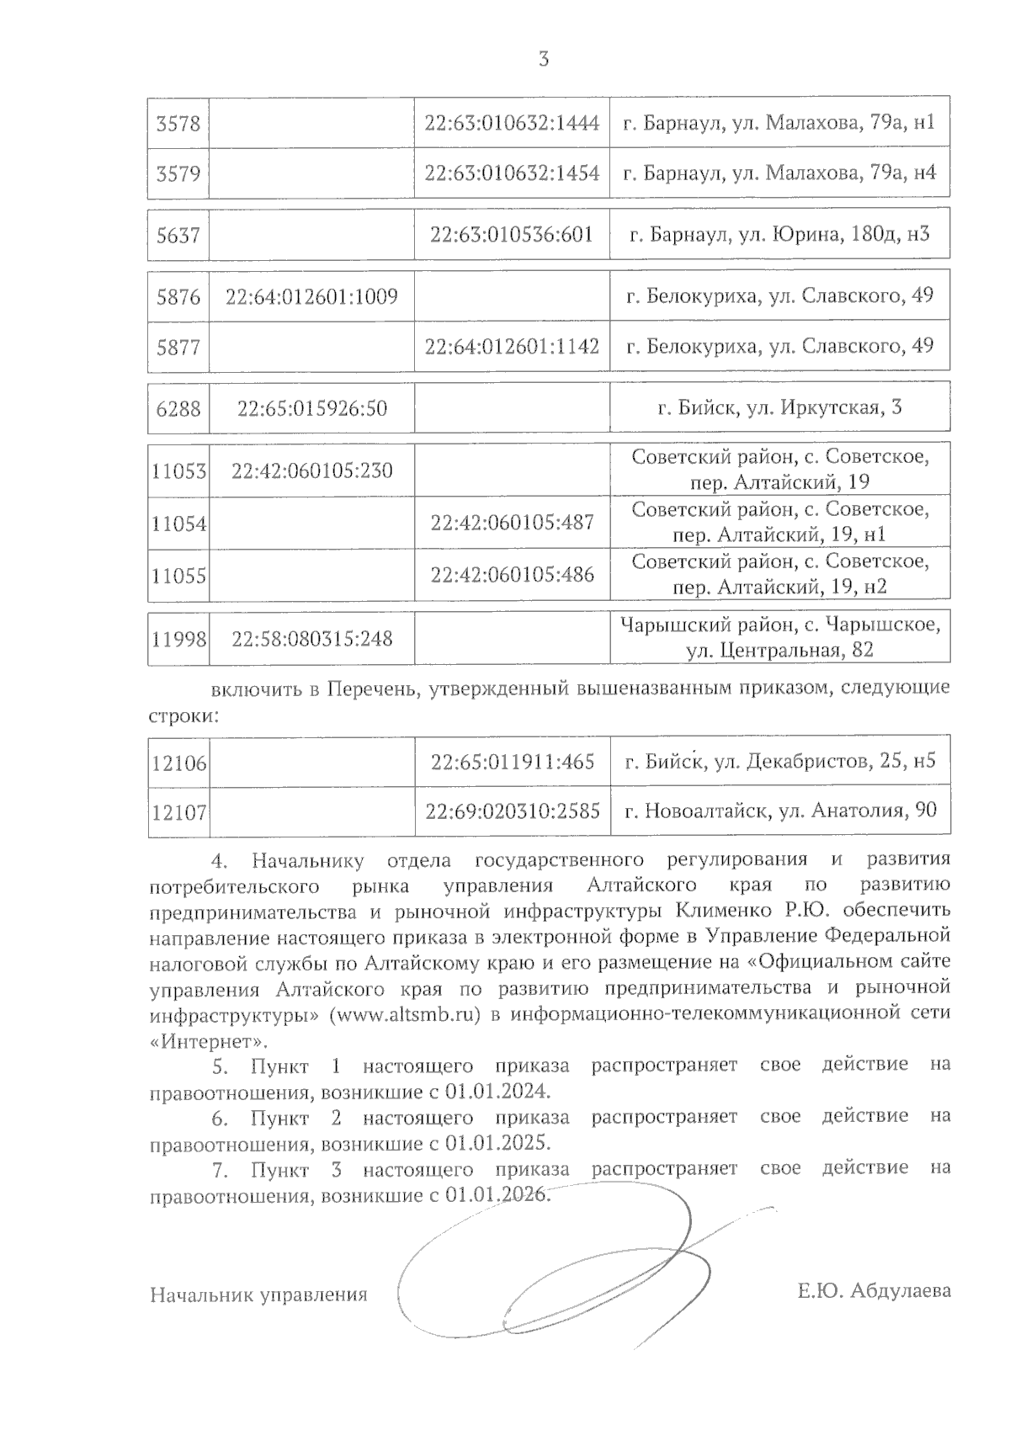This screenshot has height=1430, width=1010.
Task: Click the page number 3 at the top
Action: tap(543, 59)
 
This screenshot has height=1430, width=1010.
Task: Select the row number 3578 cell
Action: tap(178, 124)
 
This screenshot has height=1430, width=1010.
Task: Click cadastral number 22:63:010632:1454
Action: tap(512, 173)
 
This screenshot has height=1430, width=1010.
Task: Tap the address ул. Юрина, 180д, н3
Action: tap(779, 234)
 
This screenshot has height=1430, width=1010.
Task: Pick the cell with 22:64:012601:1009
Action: tap(311, 296)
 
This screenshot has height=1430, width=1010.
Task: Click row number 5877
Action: tap(178, 346)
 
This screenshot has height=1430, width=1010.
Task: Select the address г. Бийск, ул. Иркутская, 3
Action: tap(779, 408)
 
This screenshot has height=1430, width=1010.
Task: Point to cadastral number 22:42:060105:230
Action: tap(311, 470)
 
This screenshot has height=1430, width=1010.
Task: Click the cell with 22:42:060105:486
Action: tap(512, 574)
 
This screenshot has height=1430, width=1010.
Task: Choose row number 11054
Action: tap(179, 524)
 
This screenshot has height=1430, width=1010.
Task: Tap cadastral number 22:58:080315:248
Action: tap(311, 638)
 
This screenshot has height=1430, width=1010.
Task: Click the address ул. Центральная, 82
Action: tap(779, 650)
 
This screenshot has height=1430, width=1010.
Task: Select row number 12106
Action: tap(179, 763)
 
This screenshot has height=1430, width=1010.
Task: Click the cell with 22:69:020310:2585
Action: tap(512, 811)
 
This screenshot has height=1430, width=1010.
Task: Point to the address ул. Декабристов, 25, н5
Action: tap(779, 763)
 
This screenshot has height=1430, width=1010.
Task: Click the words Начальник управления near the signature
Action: tap(258, 1294)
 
